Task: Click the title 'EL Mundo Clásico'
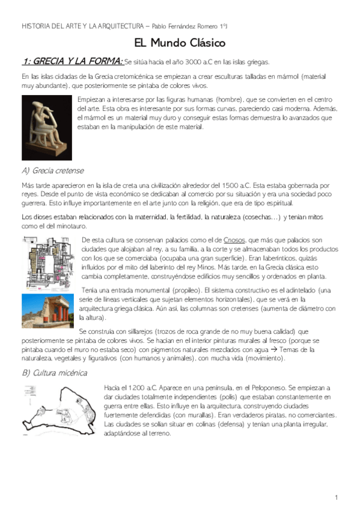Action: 180,43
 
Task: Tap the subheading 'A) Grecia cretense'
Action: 52,170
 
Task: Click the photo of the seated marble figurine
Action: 47,128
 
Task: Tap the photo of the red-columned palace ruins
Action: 48,310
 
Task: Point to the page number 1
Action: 337,497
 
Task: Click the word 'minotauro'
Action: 71,226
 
